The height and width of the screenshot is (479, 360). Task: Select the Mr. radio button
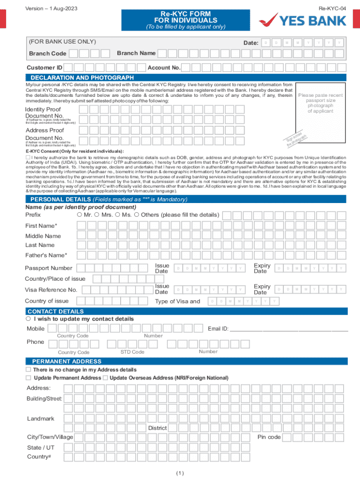pyautogui.click(x=79, y=215)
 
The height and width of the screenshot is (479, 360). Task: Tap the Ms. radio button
pyautogui.click(x=117, y=215)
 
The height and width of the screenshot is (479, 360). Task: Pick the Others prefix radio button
pyautogui.click(x=137, y=215)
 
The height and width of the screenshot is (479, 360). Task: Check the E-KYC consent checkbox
pyautogui.click(x=28, y=158)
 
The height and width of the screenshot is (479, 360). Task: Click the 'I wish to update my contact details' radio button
pyautogui.click(x=29, y=319)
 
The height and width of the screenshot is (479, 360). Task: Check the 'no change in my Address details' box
pyautogui.click(x=29, y=370)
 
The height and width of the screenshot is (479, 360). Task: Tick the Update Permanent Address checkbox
pyautogui.click(x=29, y=377)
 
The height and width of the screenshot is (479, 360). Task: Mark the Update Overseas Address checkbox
pyautogui.click(x=105, y=377)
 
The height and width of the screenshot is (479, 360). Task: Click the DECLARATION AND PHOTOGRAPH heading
pyautogui.click(x=82, y=78)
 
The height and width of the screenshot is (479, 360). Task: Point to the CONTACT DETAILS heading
pyautogui.click(x=56, y=312)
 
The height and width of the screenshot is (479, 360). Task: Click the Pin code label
pyautogui.click(x=269, y=437)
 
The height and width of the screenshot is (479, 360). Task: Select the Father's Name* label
pyautogui.click(x=46, y=255)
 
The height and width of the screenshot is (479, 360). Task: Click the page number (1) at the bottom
pyautogui.click(x=180, y=473)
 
